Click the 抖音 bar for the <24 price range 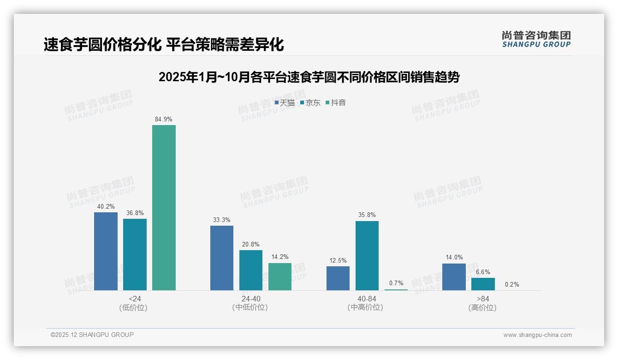point(164,208)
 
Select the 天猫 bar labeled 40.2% point(106,251)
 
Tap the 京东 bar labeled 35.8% point(367,256)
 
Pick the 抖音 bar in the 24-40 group point(280,276)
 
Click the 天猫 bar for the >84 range point(454,277)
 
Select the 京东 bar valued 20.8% point(251,270)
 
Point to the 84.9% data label point(164,119)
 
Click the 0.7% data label point(396,283)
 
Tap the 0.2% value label point(512,284)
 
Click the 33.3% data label point(222,220)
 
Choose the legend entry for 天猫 point(285,102)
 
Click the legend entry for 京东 point(310,102)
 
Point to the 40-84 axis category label point(367,299)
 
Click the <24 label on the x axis point(135,299)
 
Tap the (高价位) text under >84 point(482,307)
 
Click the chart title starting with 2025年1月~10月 point(309,77)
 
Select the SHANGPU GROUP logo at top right point(536,39)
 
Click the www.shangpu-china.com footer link point(537,335)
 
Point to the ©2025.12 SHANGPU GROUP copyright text point(92,335)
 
